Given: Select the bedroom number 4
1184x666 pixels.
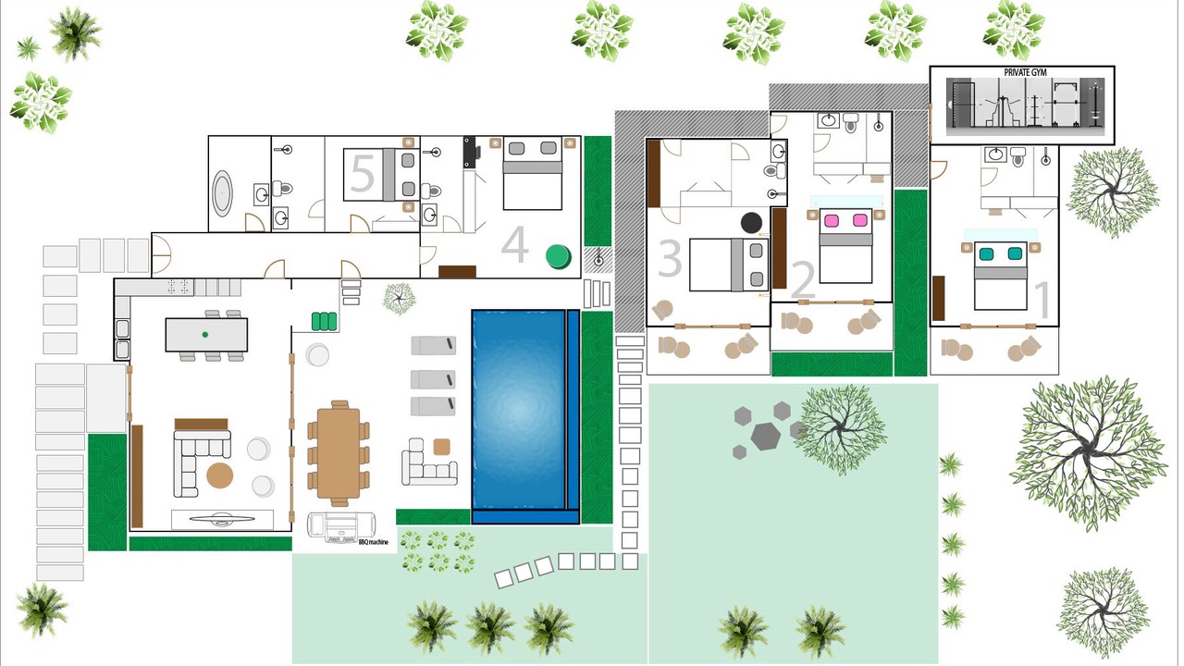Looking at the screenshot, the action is point(514,244).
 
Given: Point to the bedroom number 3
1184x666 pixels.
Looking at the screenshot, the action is point(670,258).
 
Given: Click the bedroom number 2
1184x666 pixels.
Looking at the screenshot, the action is point(804,279).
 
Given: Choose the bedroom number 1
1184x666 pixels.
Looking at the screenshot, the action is point(1042,300).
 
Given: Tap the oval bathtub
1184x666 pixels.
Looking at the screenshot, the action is point(222,193).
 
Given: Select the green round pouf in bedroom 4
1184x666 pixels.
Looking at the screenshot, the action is point(558,257).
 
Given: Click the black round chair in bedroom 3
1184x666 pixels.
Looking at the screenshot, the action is point(751,223).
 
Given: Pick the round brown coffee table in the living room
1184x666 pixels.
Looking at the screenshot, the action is point(219,475).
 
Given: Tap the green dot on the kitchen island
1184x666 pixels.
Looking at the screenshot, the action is point(205,335).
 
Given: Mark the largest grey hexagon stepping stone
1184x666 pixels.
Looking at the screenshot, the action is point(765,437).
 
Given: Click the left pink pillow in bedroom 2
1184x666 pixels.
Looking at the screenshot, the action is point(831,220).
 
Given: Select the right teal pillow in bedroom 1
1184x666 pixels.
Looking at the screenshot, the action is point(1015,253).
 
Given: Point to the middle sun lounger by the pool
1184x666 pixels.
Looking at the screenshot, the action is point(434,379).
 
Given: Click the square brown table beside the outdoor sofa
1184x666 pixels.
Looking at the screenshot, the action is point(442,447).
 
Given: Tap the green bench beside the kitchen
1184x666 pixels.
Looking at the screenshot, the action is point(324,321).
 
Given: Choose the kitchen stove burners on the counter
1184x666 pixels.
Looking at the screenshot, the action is point(179,287).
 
